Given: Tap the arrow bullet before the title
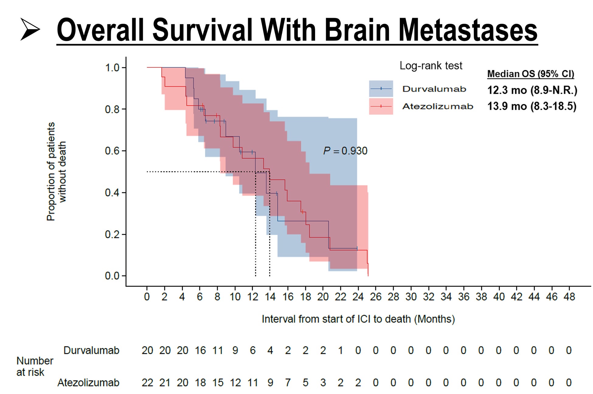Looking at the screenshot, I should pos(30,29).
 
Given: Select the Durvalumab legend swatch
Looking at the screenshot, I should pos(381,89).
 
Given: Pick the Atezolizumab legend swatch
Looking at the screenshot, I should pos(381,106).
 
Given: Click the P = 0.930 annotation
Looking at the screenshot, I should pos(345,151).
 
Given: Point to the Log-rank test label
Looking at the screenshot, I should pos(431,66).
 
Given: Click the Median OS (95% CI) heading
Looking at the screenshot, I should pos(530,74).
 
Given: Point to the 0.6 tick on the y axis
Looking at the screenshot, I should pos(112,151).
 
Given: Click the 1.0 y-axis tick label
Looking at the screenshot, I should pos(112,67).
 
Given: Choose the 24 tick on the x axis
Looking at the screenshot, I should pos(358,297).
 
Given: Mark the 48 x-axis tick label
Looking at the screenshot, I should pos(569,297).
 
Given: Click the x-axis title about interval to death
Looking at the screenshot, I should pos(358,319).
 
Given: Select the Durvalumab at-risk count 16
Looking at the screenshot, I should pos(200,351).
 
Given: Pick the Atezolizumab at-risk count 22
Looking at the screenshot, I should pos(147,382).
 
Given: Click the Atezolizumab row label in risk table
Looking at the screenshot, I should pos(88,382).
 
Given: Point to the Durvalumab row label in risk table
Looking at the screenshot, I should pos(91,351).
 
